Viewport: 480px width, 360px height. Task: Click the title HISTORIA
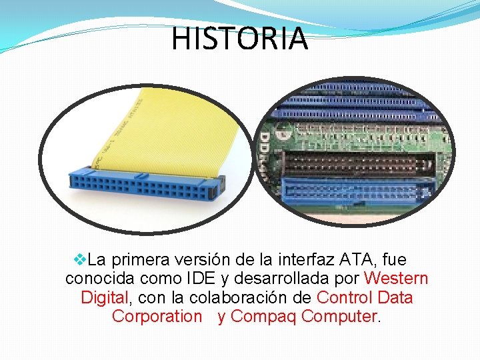[240, 39]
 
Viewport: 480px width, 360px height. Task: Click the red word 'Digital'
[105, 297]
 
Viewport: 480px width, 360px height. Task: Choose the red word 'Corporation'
[157, 316]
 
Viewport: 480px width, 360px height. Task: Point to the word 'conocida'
[98, 278]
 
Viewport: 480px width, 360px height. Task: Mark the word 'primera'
[137, 259]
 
